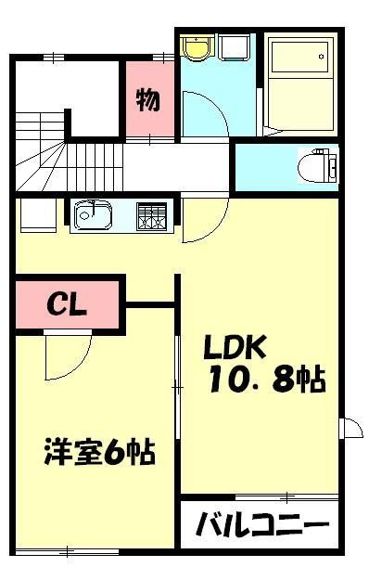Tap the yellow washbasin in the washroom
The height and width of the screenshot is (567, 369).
point(196,46)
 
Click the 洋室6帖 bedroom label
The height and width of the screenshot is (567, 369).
point(97,455)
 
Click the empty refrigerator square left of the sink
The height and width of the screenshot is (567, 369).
point(37,217)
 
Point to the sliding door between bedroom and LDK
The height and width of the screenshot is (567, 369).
point(177,385)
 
